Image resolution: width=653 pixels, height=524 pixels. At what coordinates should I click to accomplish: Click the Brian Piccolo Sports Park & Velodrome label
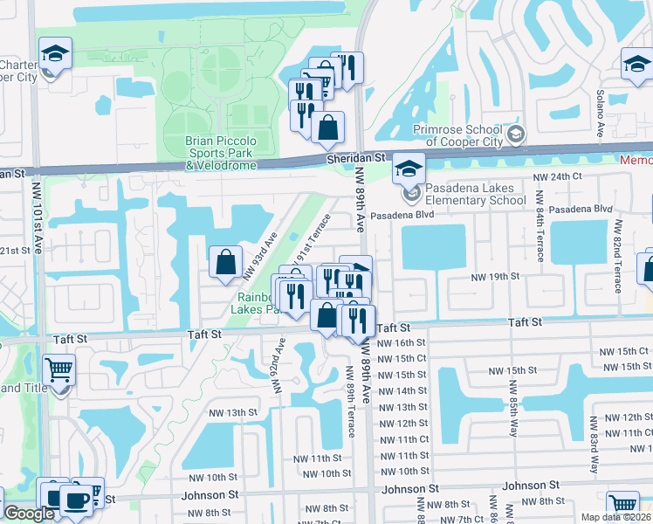tap(221, 153)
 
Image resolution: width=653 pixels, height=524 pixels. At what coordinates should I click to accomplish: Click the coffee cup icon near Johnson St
tap(78, 500)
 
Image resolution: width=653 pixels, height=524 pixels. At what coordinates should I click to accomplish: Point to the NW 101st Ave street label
tap(38, 235)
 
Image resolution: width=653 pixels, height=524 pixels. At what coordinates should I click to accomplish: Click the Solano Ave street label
tap(601, 114)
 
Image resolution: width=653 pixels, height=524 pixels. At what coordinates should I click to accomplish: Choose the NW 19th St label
tap(495, 276)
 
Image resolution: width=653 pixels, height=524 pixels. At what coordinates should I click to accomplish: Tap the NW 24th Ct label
tap(557, 176)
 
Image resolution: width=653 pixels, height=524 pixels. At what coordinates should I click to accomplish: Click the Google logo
tap(29, 514)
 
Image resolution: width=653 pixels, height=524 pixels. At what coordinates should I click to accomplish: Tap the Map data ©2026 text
tap(616, 517)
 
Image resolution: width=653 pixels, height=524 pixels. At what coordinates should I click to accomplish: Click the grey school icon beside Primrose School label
tap(517, 134)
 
